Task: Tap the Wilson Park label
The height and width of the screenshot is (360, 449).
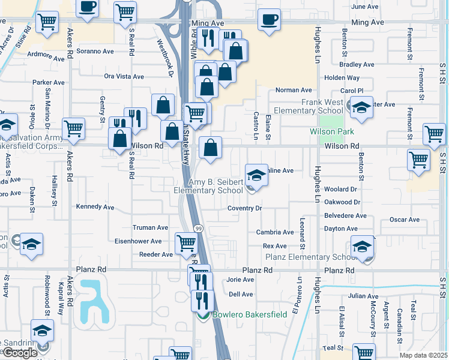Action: tap(332, 131)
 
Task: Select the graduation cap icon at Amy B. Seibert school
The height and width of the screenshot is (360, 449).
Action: tap(256, 175)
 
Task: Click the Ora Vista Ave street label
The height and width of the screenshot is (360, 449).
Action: tap(124, 77)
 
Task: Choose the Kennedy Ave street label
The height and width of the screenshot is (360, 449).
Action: tap(95, 207)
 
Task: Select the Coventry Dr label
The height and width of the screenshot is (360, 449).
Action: tap(245, 208)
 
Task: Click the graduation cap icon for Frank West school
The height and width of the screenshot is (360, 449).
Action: tap(361, 107)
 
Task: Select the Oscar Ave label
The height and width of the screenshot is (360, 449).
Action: tap(404, 220)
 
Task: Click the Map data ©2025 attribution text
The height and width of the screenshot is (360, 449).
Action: tap(423, 355)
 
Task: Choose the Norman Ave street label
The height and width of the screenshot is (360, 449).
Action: tap(294, 90)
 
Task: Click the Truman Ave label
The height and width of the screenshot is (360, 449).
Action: tap(150, 228)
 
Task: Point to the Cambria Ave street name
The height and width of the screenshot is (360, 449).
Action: tap(274, 232)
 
